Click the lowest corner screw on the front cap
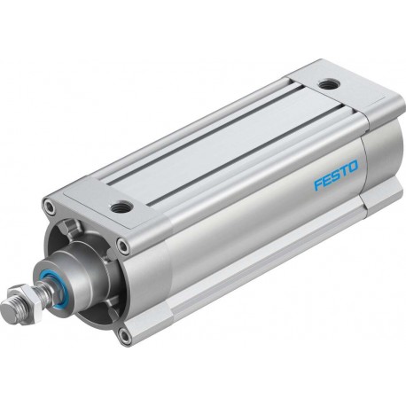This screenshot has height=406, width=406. tap(128, 336)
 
